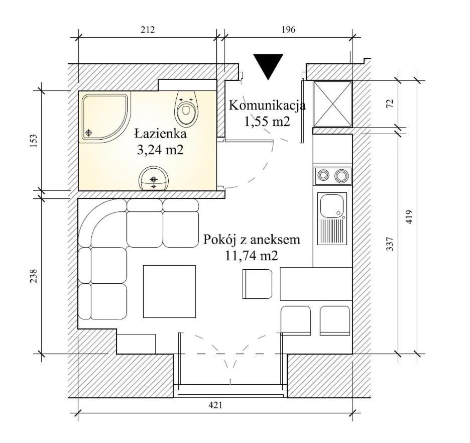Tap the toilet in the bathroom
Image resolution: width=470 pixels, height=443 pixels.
186,108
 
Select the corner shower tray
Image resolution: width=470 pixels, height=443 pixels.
105,117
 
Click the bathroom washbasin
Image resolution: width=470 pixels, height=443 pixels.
154,179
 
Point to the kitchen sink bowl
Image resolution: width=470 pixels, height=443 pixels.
332,206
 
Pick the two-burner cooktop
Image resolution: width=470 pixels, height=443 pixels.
332,176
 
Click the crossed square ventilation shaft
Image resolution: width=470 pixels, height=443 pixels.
332,103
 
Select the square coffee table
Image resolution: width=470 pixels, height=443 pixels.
169,291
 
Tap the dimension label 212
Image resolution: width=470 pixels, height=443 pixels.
148,30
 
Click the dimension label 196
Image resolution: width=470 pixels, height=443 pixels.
288,30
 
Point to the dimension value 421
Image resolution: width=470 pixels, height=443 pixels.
215,405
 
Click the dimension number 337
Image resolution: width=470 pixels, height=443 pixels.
389,244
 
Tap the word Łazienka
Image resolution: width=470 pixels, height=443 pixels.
160,134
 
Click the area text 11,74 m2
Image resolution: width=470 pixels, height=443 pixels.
252,256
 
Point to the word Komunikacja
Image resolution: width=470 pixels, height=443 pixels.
267,105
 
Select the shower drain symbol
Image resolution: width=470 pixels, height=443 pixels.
88,133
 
